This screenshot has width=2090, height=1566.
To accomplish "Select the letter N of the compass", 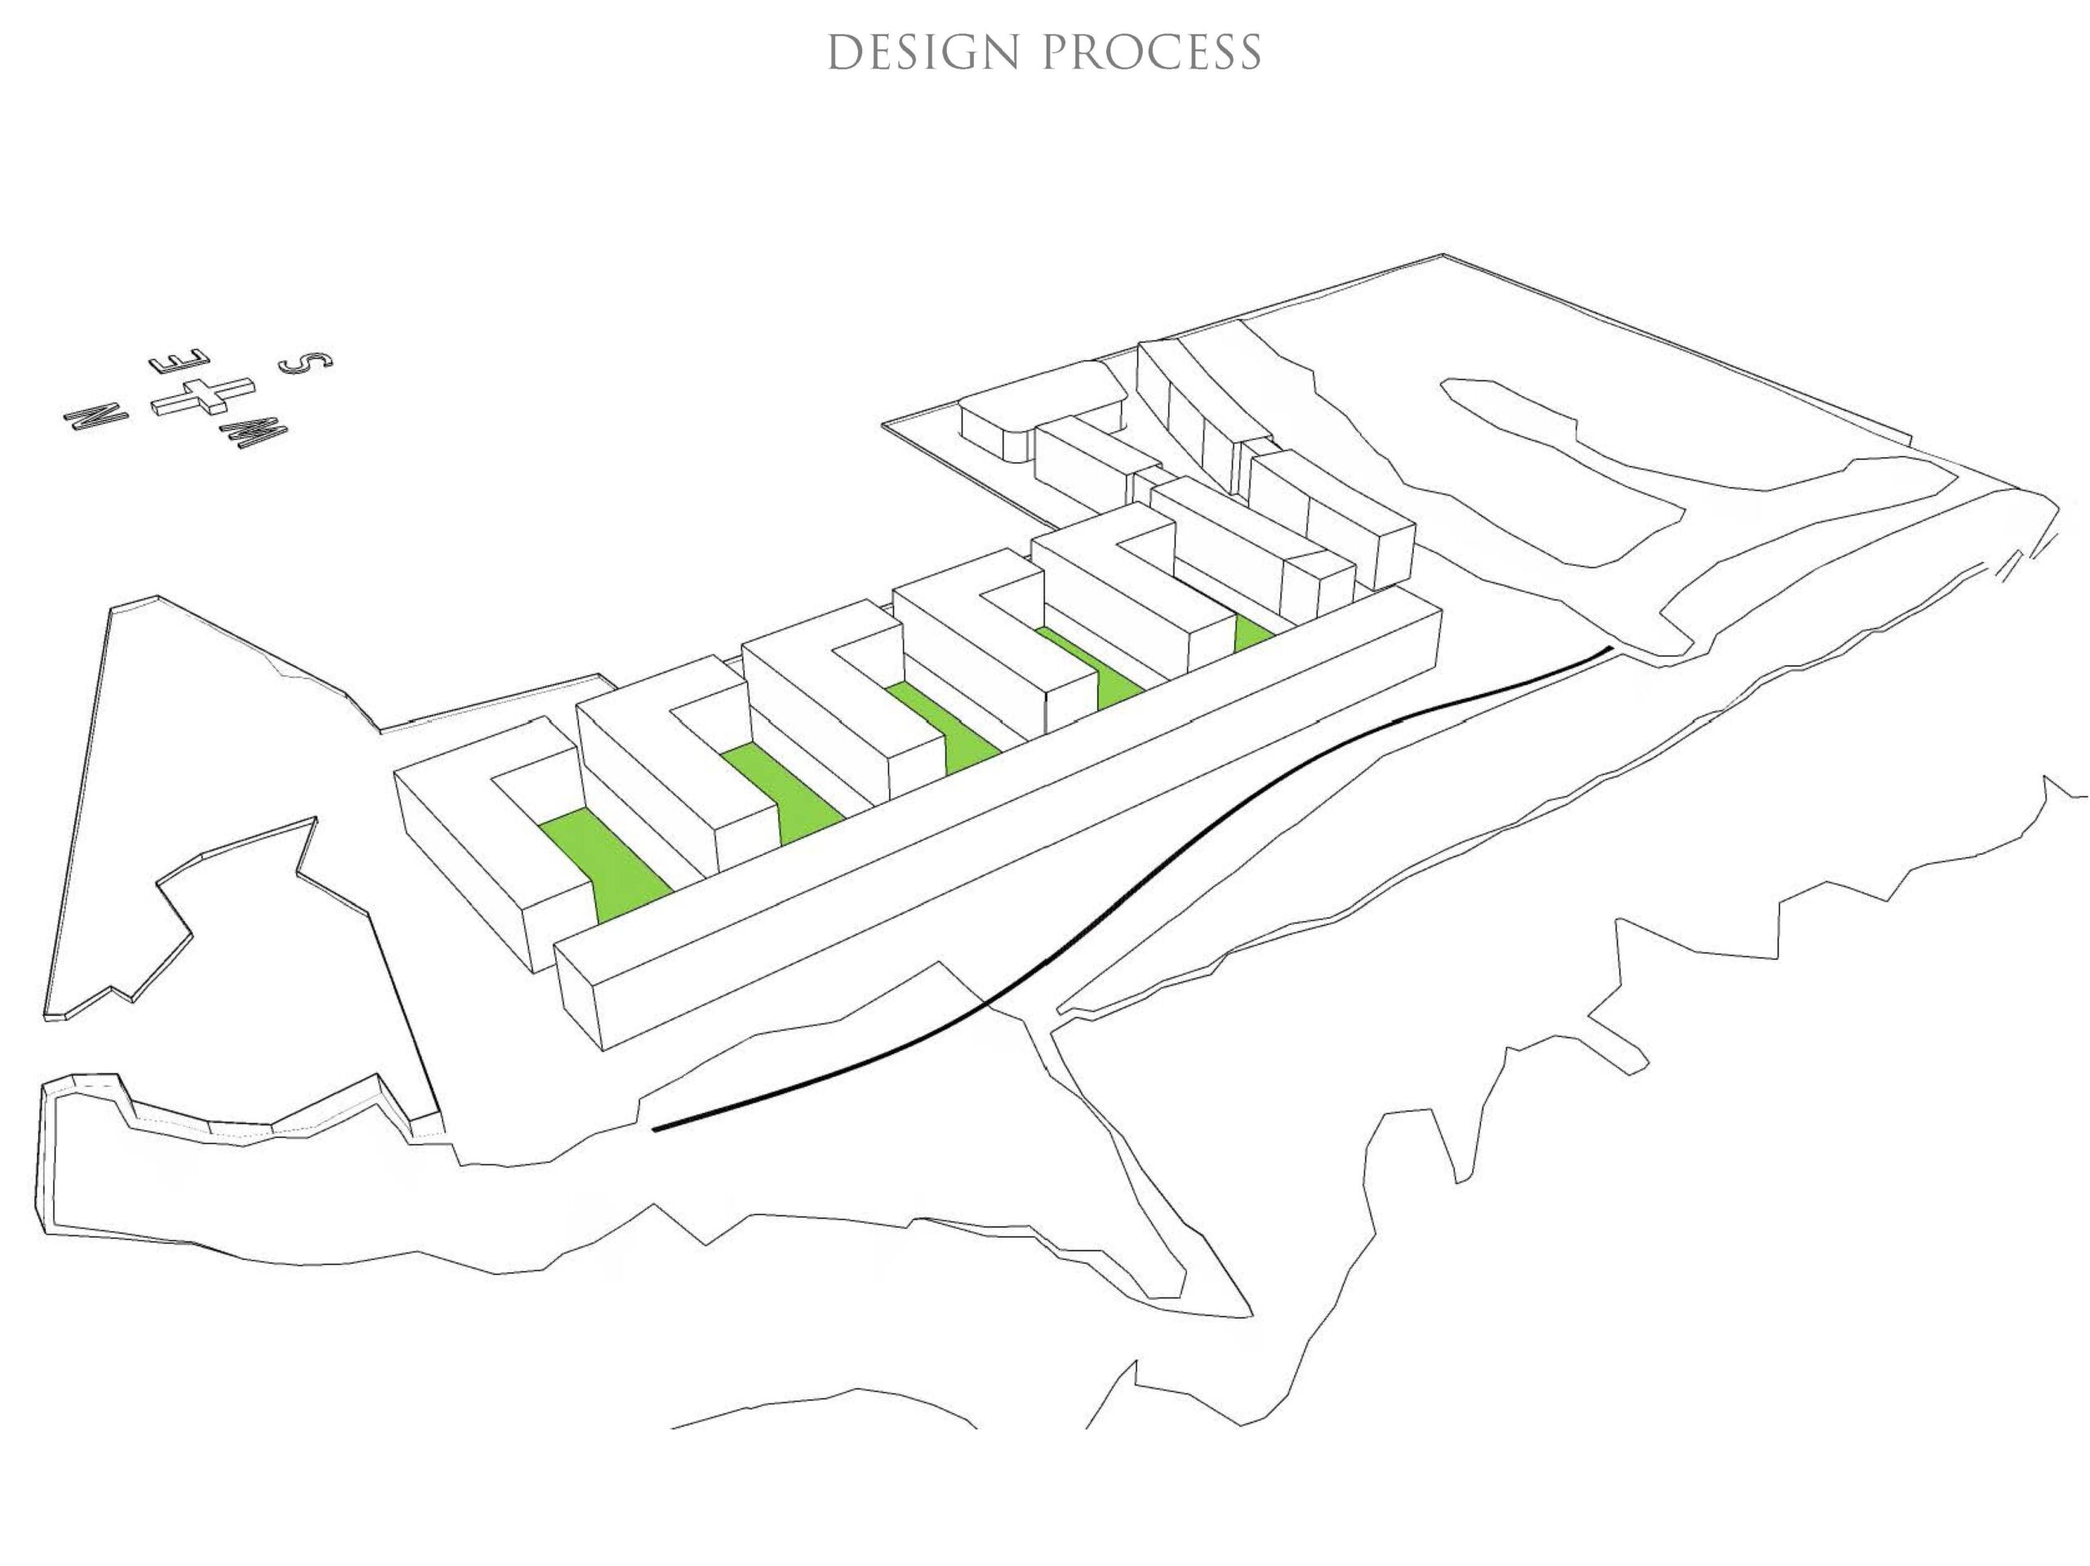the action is click(x=96, y=414).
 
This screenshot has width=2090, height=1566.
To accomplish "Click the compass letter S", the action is click(x=306, y=361).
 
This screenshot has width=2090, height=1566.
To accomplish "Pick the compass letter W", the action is click(x=253, y=434).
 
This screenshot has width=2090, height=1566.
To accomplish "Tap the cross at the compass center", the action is click(x=203, y=395).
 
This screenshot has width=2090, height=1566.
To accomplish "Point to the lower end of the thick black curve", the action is click(x=655, y=1129).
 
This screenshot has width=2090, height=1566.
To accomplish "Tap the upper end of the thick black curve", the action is click(x=1610, y=647).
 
